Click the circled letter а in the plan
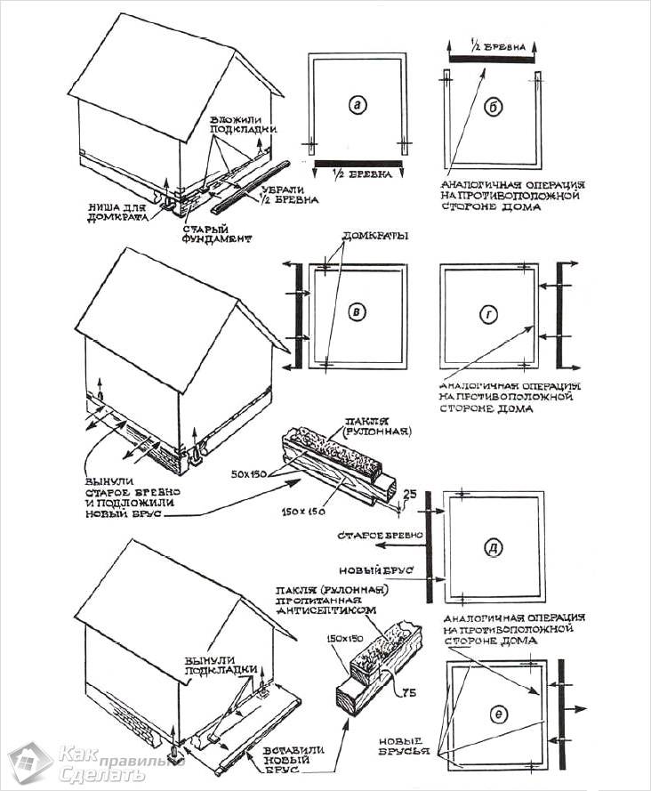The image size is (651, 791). pyautogui.click(x=357, y=106)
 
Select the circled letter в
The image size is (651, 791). pyautogui.click(x=357, y=311)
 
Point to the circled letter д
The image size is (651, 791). pyautogui.click(x=494, y=547)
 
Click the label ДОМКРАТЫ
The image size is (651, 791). pyautogui.click(x=373, y=238)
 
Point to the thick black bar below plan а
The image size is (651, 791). pyautogui.click(x=358, y=165)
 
